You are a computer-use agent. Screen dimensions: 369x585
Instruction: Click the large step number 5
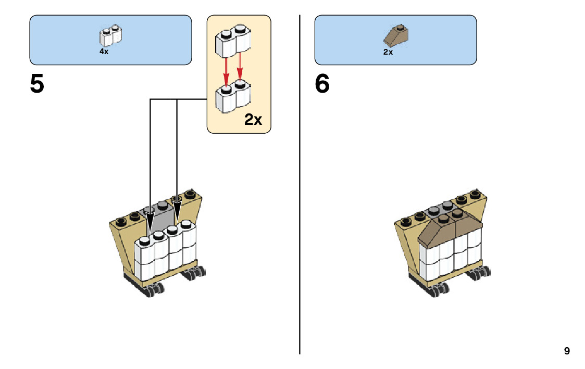coord(37,84)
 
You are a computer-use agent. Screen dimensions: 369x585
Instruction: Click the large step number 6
coord(322,84)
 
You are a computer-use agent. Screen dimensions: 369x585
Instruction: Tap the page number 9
coord(567,351)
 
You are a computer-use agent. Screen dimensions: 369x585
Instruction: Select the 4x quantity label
coord(104,52)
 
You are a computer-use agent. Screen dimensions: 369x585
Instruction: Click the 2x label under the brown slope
coord(388,52)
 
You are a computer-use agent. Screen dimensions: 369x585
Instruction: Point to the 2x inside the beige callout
coord(253,120)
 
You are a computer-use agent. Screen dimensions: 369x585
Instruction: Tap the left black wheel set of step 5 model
coord(154,289)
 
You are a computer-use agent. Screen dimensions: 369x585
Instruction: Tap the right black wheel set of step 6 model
coord(480,272)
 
